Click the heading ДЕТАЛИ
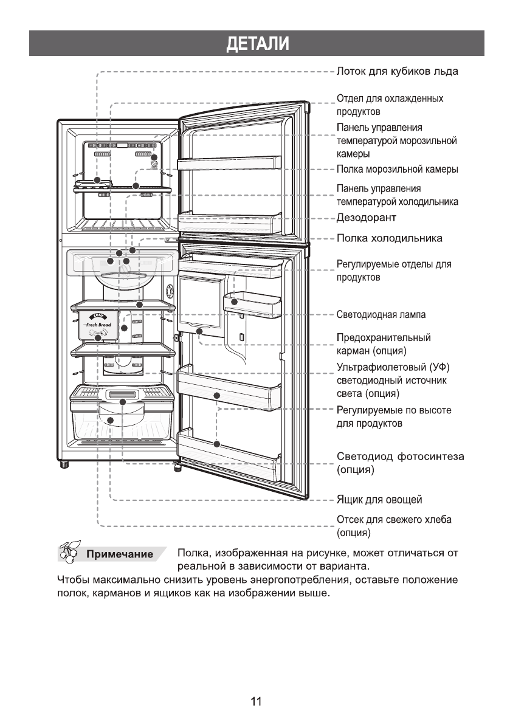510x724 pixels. (x=255, y=44)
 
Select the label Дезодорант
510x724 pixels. (x=367, y=217)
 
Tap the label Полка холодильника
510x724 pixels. (x=389, y=237)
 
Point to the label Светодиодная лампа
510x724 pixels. (x=381, y=315)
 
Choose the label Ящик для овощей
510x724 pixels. (x=379, y=500)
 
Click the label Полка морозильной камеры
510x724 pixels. (x=397, y=169)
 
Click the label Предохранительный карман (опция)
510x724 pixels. (x=384, y=344)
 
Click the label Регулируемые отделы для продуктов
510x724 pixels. (x=394, y=271)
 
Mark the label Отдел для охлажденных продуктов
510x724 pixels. (x=390, y=105)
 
